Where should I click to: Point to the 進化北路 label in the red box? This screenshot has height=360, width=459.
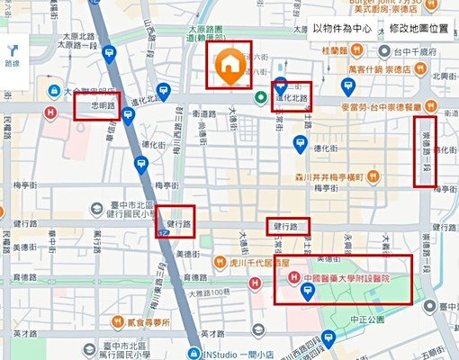pyautogui.click(x=292, y=97)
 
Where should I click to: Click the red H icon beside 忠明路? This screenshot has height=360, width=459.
pyautogui.click(x=52, y=112)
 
